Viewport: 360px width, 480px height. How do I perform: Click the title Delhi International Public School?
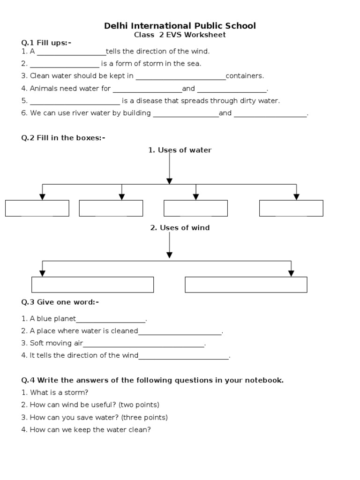pyautogui.click(x=180, y=26)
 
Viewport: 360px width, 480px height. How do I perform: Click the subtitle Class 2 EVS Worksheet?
pyautogui.click(x=180, y=35)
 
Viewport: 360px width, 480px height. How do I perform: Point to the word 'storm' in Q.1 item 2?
pyautogui.click(x=145, y=63)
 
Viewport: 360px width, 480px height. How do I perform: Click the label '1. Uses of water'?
pyautogui.click(x=180, y=150)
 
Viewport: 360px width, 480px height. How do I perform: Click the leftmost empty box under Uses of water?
pyautogui.click(x=37, y=208)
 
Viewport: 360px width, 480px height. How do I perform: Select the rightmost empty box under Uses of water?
pyautogui.click(x=291, y=208)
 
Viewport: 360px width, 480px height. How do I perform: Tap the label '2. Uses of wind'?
pyautogui.click(x=180, y=228)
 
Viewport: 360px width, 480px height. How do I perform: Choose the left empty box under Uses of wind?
pyautogui.click(x=92, y=285)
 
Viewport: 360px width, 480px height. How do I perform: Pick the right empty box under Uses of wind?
pyautogui.click(x=246, y=285)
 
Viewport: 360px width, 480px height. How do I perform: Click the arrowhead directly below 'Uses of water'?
pyautogui.click(x=170, y=181)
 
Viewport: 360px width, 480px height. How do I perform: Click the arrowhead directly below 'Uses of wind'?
pyautogui.click(x=170, y=255)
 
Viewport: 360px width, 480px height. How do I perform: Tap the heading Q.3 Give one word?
pyautogui.click(x=60, y=302)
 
